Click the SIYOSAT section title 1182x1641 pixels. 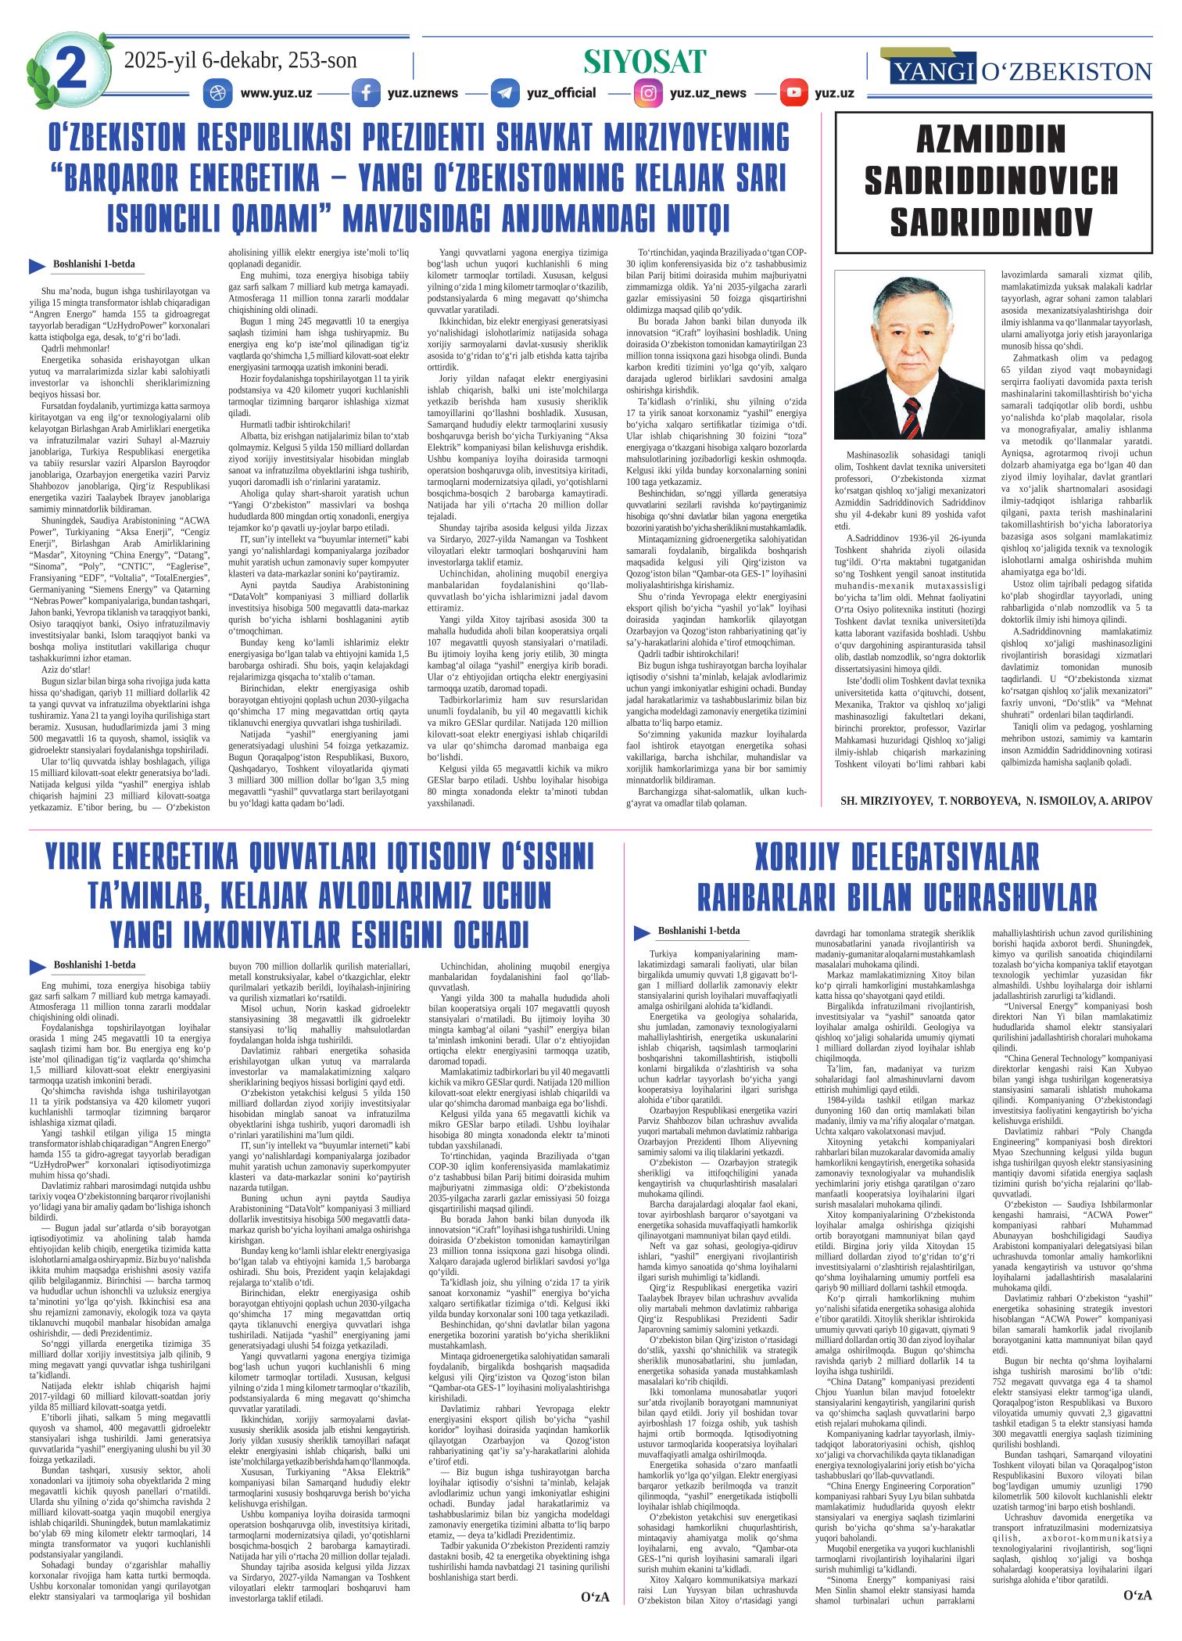tap(645, 62)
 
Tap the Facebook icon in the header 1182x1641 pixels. tap(365, 93)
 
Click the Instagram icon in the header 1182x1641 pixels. tap(648, 93)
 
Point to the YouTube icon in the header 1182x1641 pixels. tap(793, 93)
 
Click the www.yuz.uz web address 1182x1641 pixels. tap(276, 93)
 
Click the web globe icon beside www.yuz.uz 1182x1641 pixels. tap(214, 93)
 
